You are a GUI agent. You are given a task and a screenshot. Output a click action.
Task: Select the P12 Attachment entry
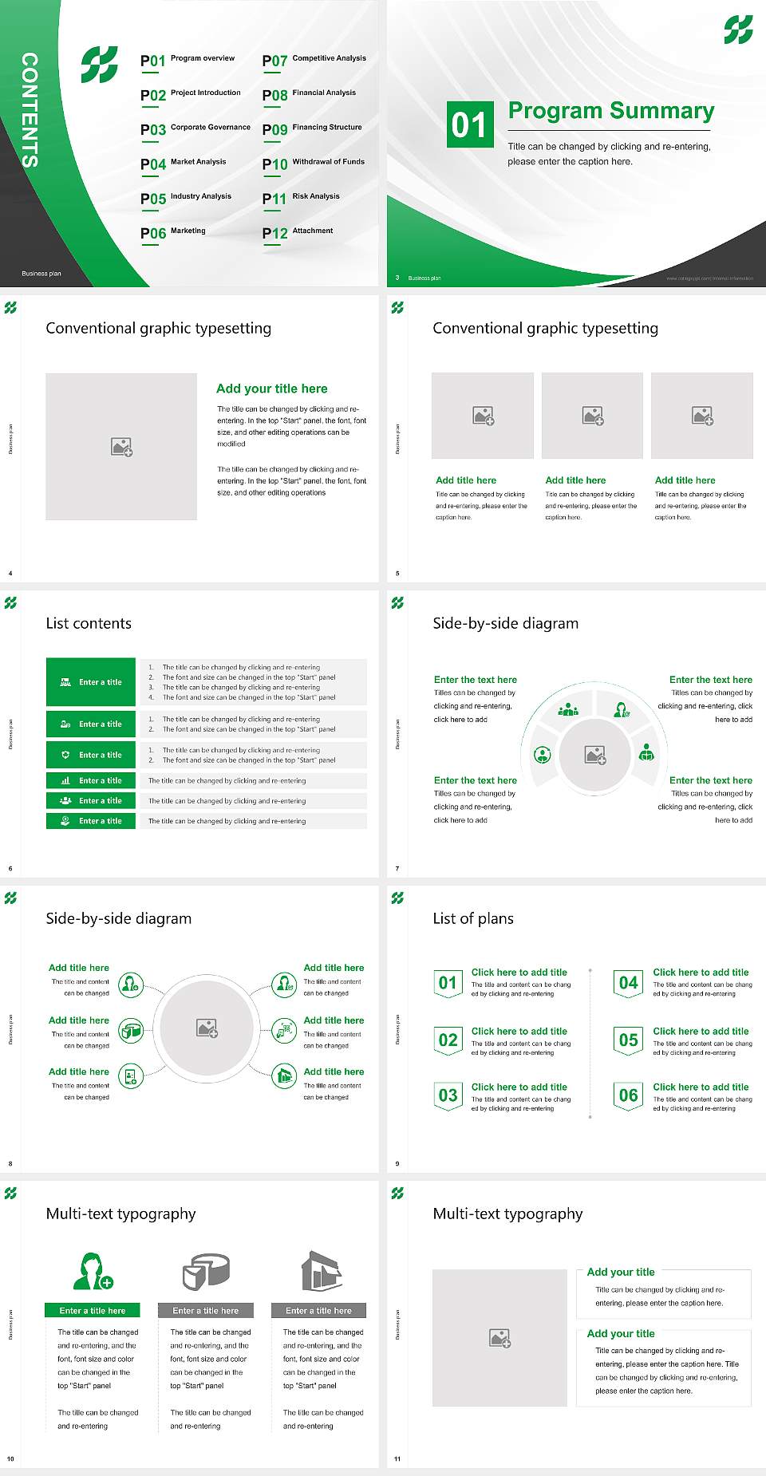coord(298,232)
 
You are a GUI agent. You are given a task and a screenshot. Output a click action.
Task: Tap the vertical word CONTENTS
coord(30,110)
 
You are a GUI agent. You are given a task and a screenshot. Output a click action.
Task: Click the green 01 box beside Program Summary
coord(469,124)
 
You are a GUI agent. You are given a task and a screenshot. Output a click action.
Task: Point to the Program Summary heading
coord(610,111)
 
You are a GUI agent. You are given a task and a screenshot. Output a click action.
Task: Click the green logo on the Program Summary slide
coord(738,30)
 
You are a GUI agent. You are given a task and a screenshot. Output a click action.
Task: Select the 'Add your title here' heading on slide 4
coord(271,389)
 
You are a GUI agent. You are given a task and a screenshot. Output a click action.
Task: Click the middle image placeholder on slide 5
coord(592,416)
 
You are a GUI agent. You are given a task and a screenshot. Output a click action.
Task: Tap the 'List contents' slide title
coord(89,623)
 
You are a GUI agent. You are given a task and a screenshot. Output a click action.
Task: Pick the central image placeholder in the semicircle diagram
coord(594,755)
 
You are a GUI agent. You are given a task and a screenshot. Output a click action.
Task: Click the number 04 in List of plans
coord(629,983)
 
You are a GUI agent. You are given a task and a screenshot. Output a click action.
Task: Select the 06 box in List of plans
coord(629,1095)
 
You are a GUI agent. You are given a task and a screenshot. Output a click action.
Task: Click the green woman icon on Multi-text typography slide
coord(93,1271)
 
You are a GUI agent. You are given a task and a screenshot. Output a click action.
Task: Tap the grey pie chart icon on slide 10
coord(206,1271)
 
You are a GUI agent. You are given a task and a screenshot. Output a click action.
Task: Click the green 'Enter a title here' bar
coord(93,1310)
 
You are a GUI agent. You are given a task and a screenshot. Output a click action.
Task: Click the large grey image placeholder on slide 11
coord(499,1337)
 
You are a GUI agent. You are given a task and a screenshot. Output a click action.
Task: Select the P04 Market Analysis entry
coord(183,164)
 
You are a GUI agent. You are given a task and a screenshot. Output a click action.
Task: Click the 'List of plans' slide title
coord(473,918)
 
